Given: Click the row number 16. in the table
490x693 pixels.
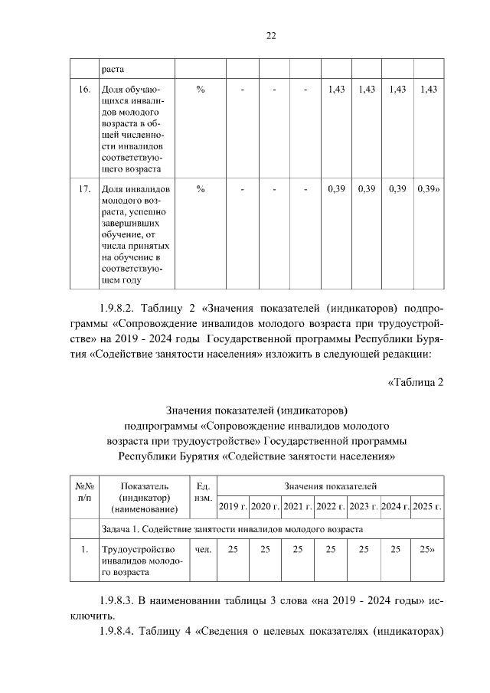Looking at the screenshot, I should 81,90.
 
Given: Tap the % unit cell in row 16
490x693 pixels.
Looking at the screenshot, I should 200,90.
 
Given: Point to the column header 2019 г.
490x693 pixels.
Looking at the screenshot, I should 233,506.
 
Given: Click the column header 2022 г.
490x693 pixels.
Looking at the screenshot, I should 331,506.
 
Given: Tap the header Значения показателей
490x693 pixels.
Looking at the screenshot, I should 330,486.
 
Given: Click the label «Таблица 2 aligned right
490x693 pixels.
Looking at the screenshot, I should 416,383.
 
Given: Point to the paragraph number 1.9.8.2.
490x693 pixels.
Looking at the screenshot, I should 119,309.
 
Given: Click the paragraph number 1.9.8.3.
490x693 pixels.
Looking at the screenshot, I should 119,600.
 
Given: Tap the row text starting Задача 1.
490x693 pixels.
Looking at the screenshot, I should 230,529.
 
